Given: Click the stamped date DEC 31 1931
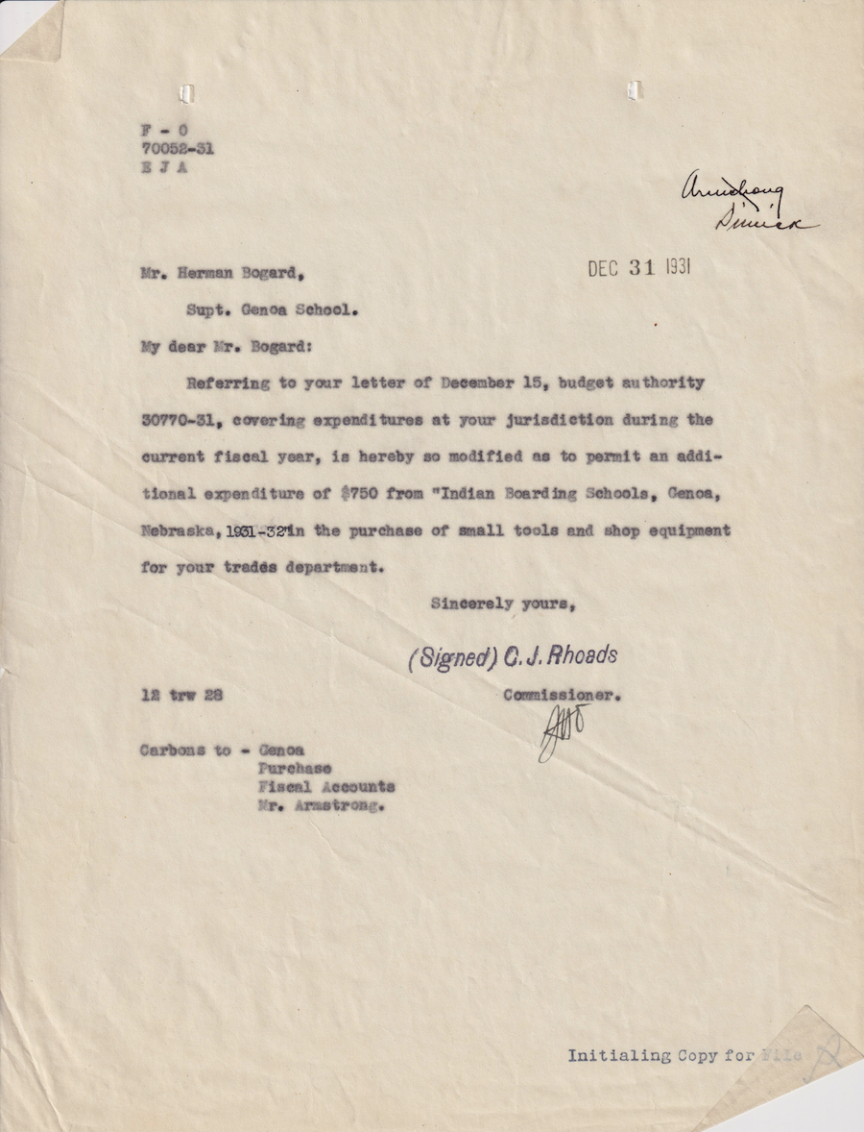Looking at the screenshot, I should pyautogui.click(x=638, y=268).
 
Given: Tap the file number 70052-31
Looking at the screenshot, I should pyautogui.click(x=177, y=149).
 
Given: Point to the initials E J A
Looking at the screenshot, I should pyautogui.click(x=163, y=168).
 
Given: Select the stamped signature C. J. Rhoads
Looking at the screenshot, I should pyautogui.click(x=514, y=657).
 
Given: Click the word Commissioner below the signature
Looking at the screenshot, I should pyautogui.click(x=562, y=694).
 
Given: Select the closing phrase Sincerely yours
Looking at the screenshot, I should pyautogui.click(x=503, y=603).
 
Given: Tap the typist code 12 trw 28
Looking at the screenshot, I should pyautogui.click(x=182, y=695).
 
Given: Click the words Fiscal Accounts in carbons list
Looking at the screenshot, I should pyautogui.click(x=326, y=786).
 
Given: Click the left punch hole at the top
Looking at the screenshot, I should pyautogui.click(x=187, y=93).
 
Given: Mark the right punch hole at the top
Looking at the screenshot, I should pyautogui.click(x=633, y=90).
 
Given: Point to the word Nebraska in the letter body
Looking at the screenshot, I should pyautogui.click(x=177, y=530).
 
